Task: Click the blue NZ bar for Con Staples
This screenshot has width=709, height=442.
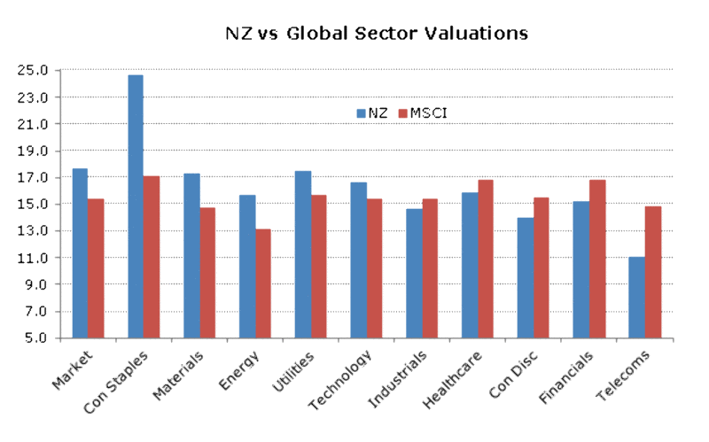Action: point(136,206)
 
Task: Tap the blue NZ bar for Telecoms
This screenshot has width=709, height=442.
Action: point(636,298)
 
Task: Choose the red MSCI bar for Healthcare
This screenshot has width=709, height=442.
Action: point(486,259)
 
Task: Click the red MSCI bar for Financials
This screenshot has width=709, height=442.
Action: point(596,259)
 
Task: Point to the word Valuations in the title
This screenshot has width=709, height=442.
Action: point(474,34)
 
